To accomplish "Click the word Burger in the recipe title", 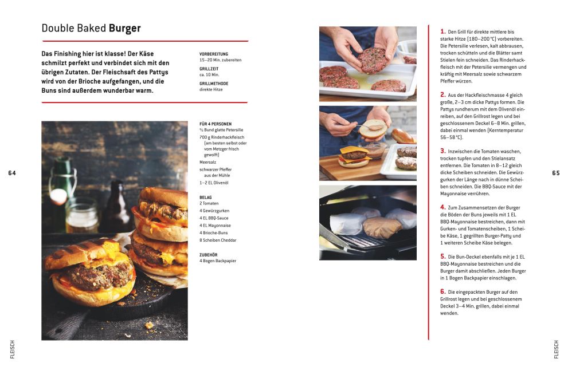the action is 124,28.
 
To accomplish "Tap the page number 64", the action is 12,173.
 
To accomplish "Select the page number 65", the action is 556,173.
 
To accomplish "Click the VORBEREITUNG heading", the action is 214,54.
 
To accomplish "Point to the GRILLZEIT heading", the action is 209,69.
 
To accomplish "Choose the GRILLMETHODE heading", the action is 214,84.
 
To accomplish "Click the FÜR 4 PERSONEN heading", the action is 216,124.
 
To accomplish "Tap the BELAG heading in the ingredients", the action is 205,198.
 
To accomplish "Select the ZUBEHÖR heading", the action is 207,255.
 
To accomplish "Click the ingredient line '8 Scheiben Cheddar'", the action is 218,240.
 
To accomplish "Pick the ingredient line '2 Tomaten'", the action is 209,203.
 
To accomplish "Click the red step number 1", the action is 442,31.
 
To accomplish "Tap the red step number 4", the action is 442,207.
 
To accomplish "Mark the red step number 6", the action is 442,291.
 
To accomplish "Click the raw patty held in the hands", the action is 373,61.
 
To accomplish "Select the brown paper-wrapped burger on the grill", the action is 382,227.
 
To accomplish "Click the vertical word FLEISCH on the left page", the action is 12,349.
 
